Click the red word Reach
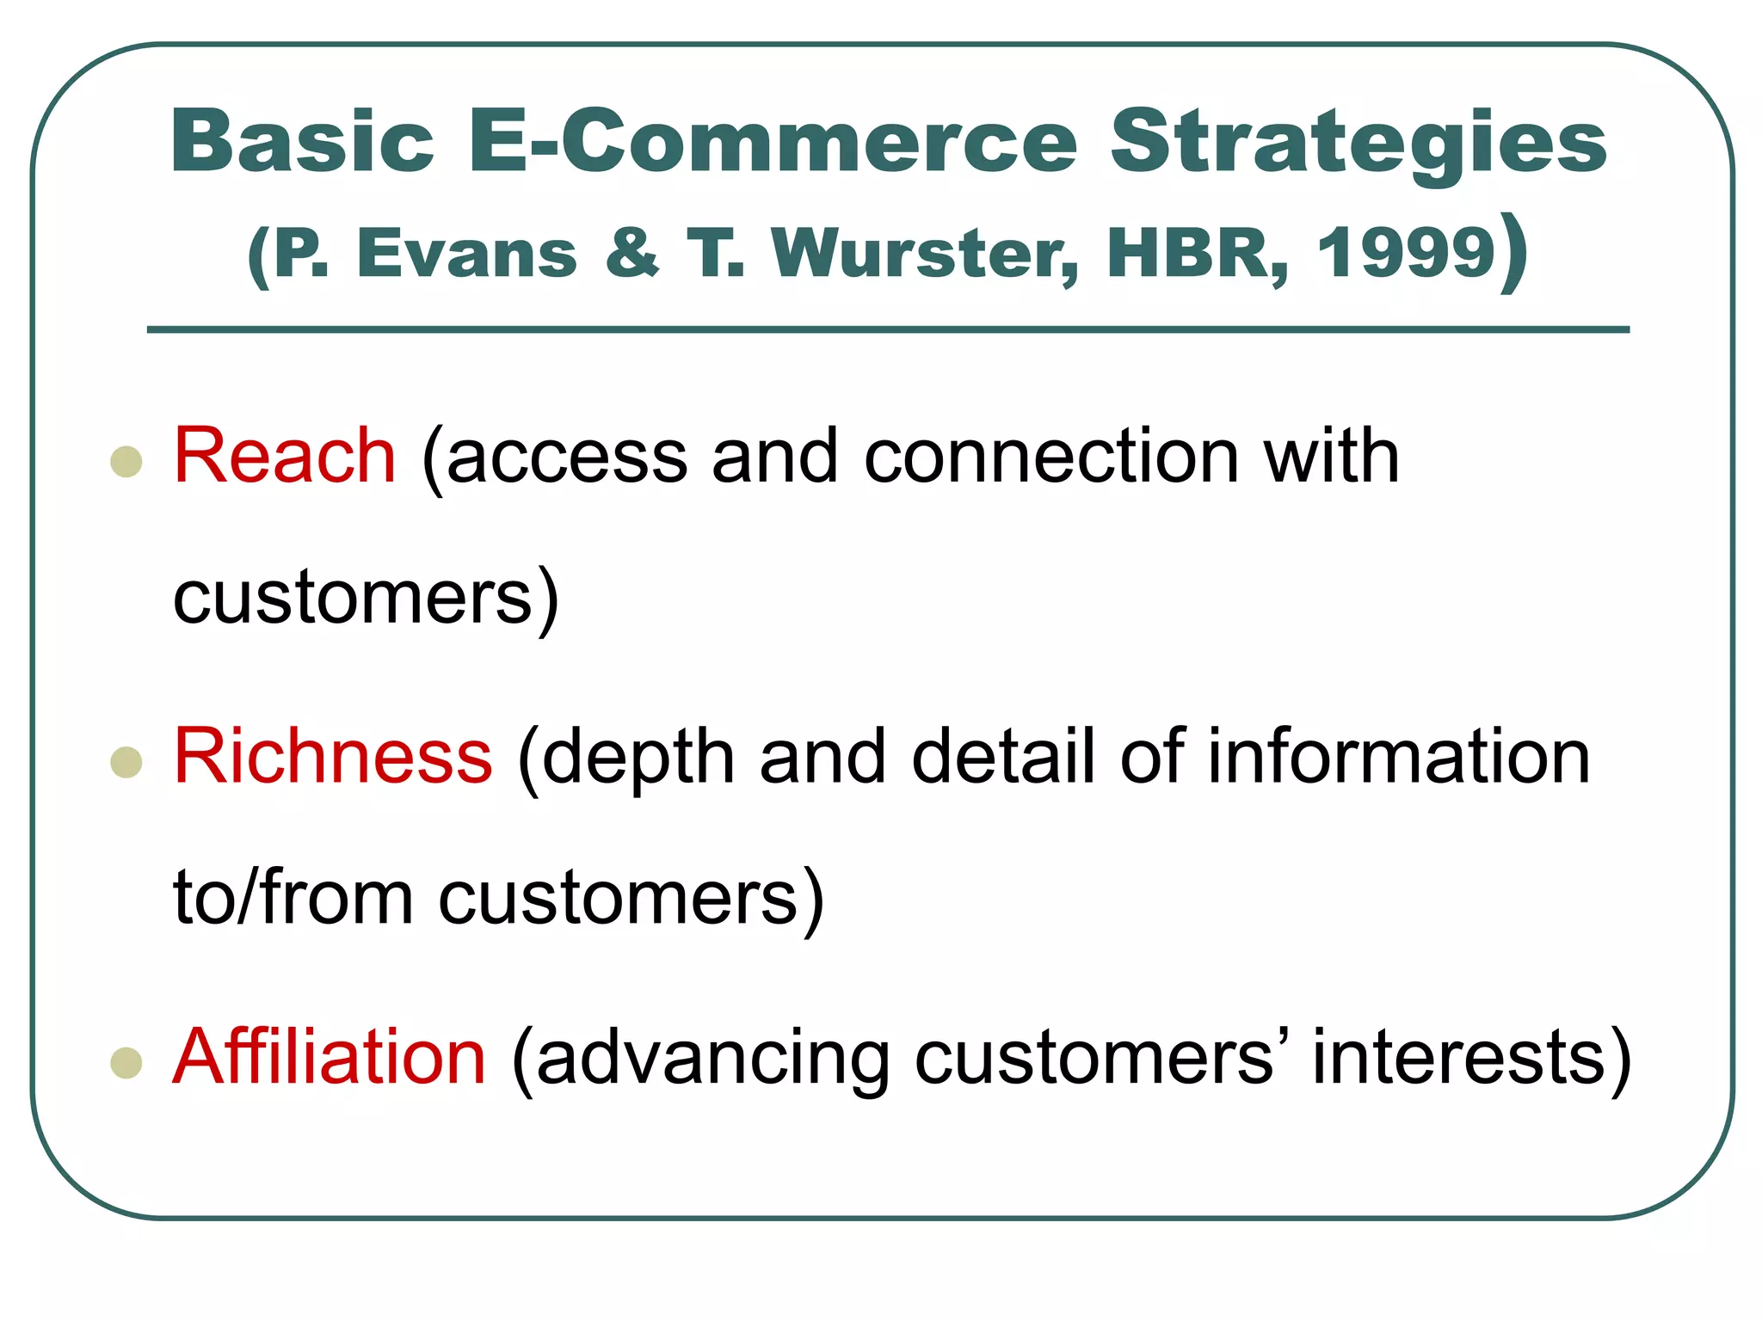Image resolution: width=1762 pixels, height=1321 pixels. coord(284,456)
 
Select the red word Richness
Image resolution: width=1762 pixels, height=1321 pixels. coord(333,756)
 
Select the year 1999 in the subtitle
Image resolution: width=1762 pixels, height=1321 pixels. coord(1406,254)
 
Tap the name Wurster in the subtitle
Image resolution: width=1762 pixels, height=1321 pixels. coord(925,254)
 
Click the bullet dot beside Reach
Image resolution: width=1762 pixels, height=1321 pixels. coord(126,462)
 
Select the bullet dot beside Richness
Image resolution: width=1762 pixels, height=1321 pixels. coord(126,762)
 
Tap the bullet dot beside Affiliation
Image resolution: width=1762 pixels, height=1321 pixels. coord(126,1062)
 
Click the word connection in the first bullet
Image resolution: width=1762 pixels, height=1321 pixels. coord(1051,456)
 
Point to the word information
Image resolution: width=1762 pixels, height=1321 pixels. coord(1398,756)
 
